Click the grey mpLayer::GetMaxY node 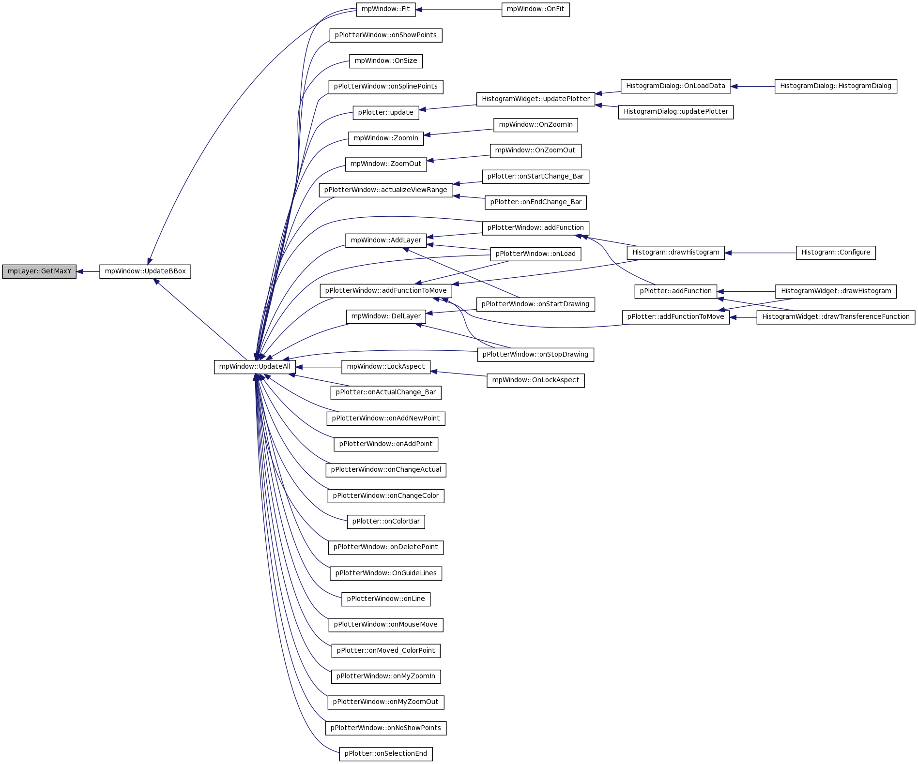(39, 271)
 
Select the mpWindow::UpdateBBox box (145, 271)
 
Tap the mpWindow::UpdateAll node (255, 367)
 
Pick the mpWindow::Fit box (386, 10)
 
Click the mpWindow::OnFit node (535, 10)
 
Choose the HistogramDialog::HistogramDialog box (836, 87)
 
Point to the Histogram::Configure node (836, 253)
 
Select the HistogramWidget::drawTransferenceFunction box (836, 317)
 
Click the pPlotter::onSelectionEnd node (386, 754)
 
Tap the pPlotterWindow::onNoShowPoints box (386, 728)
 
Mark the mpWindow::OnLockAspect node (535, 380)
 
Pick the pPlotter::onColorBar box (386, 522)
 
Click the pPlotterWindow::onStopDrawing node (535, 355)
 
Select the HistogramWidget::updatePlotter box (535, 99)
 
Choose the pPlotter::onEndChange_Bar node (535, 202)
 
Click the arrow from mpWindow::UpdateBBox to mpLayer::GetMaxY (88, 271)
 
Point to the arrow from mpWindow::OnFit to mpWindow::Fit (459, 10)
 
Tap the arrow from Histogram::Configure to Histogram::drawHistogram (760, 253)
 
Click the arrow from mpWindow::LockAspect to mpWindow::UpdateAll (319, 367)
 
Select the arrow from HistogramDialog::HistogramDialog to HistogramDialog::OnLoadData (753, 87)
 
